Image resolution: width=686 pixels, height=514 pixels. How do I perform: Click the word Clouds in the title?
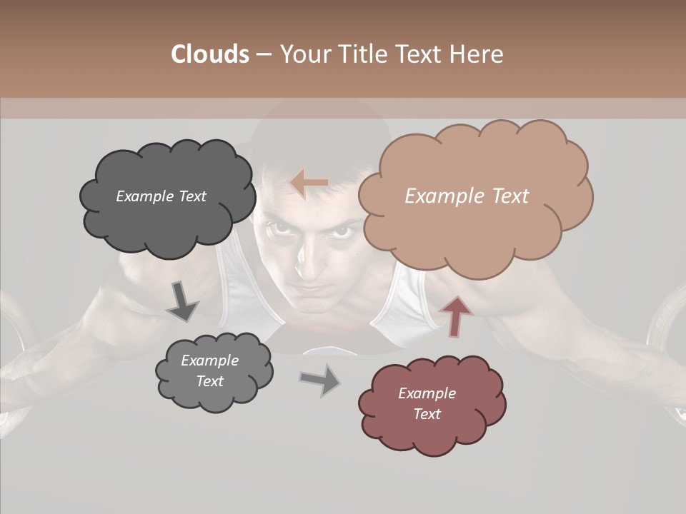209,54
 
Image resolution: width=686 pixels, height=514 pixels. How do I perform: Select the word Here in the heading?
478,54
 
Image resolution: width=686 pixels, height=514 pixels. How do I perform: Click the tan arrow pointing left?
309,183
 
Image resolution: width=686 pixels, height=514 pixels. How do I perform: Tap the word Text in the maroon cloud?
427,414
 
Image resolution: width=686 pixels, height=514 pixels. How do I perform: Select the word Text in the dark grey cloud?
191,196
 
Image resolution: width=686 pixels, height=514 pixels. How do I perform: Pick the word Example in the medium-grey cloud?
209,361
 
